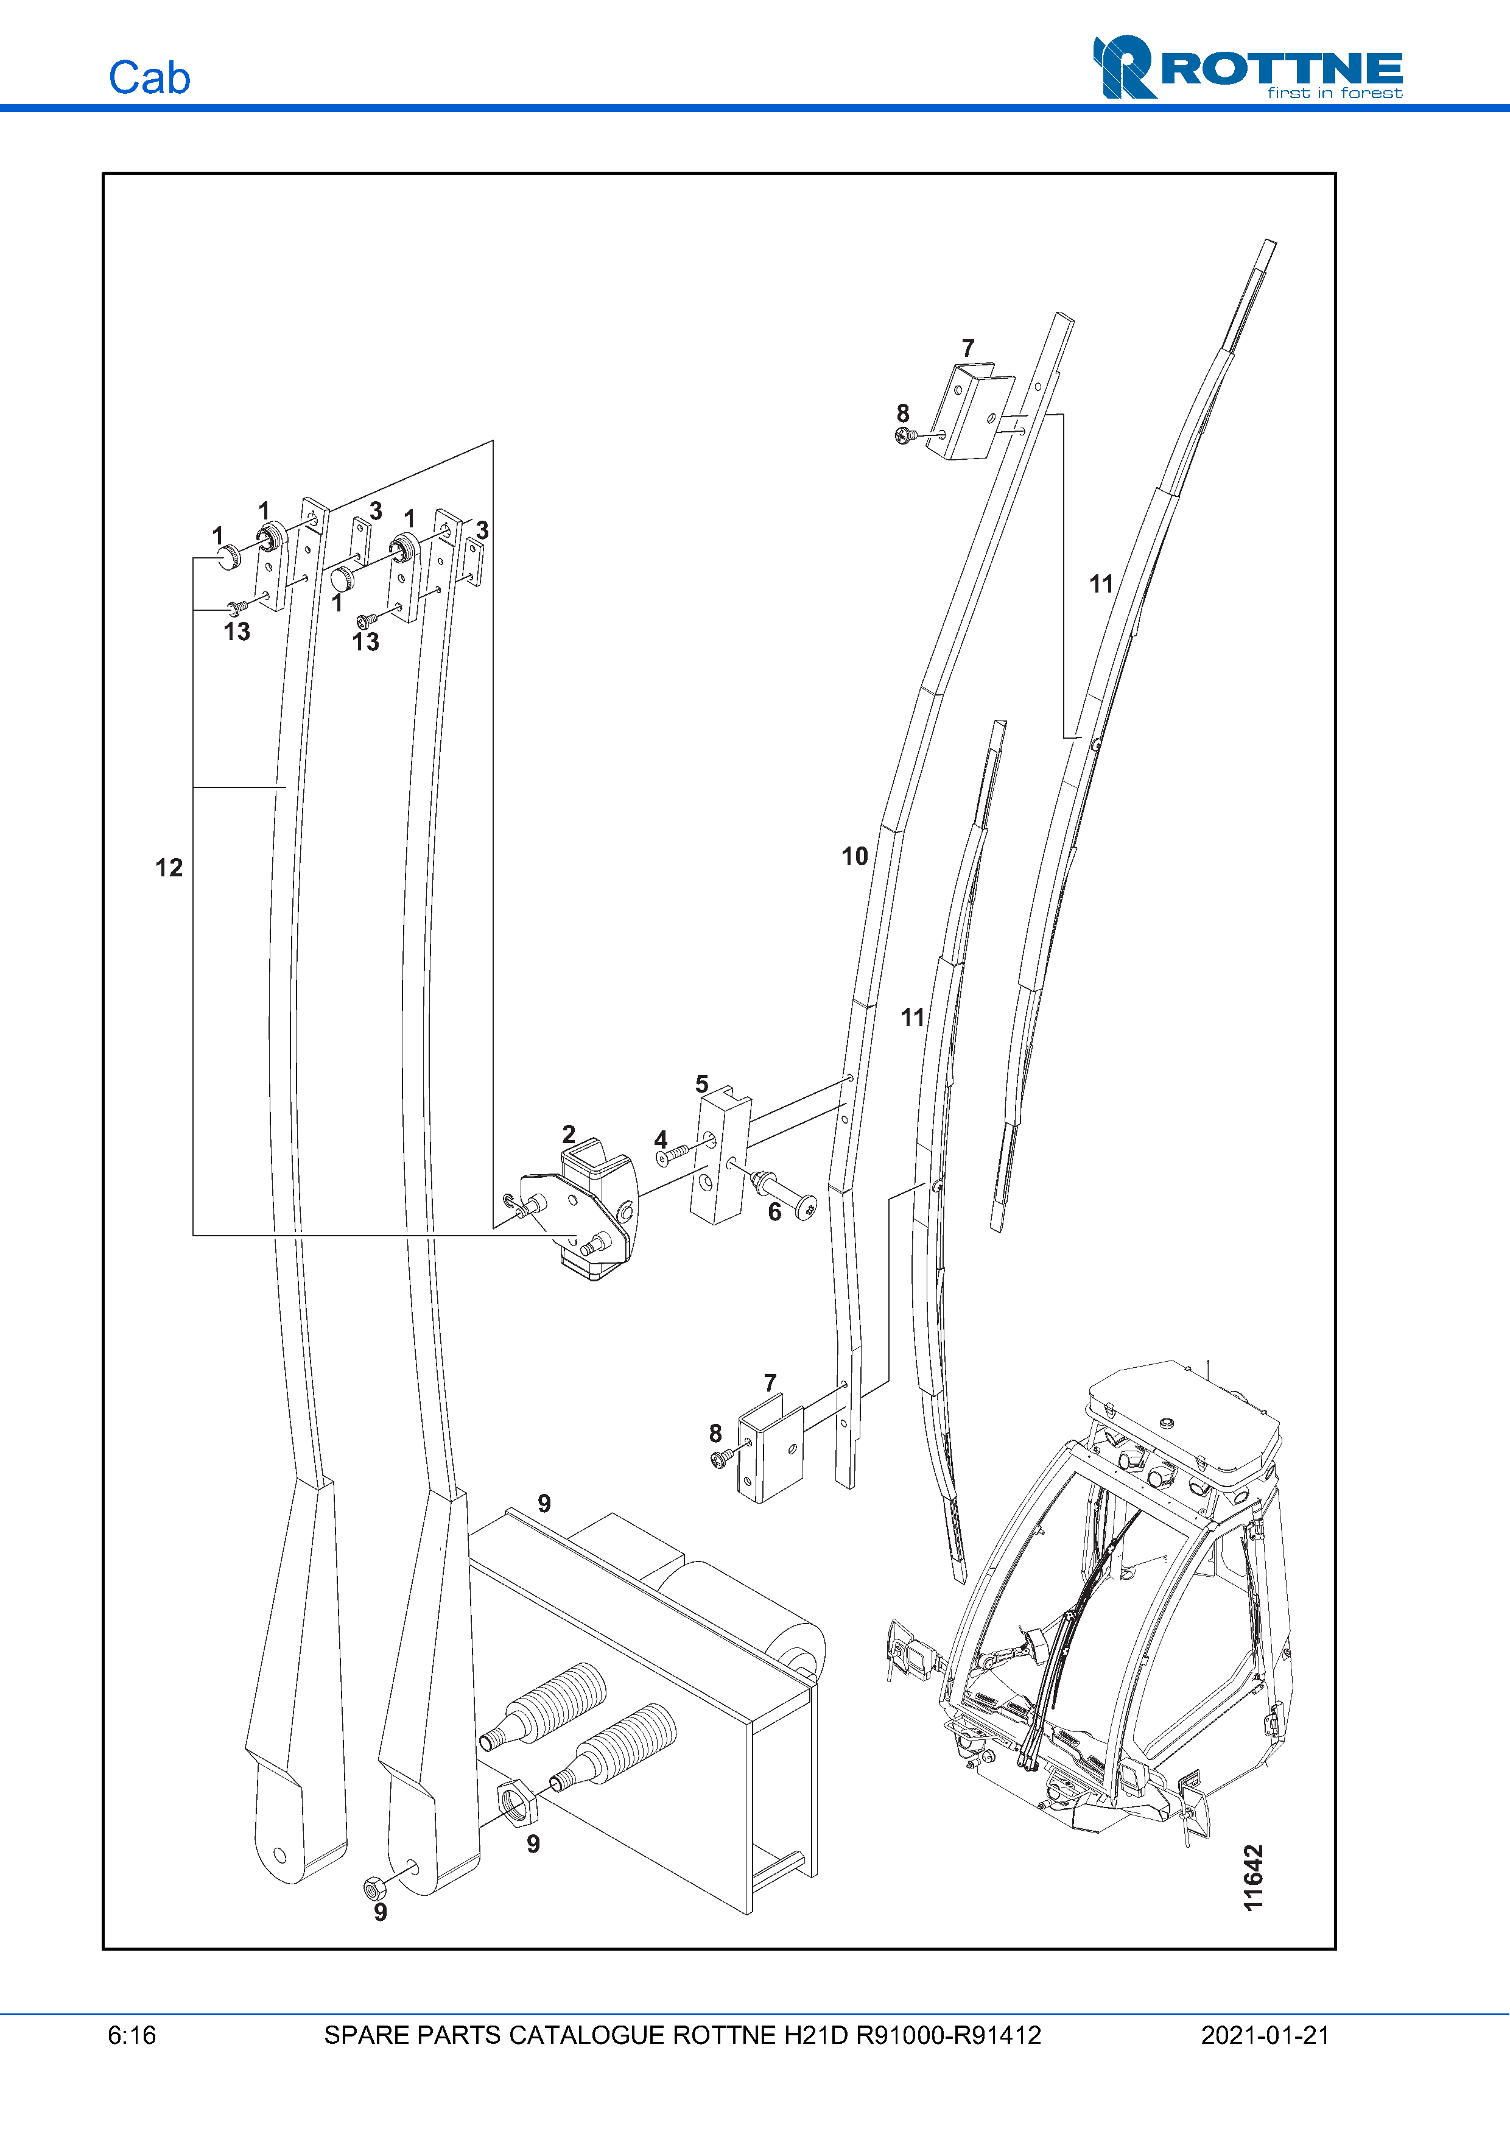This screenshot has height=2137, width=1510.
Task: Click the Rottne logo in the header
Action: click(1248, 67)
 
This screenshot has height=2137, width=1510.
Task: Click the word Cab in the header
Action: click(150, 77)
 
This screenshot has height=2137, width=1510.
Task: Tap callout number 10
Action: click(855, 856)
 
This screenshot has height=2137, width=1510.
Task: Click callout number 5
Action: click(703, 1084)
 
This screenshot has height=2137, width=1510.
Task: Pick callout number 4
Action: click(661, 1139)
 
